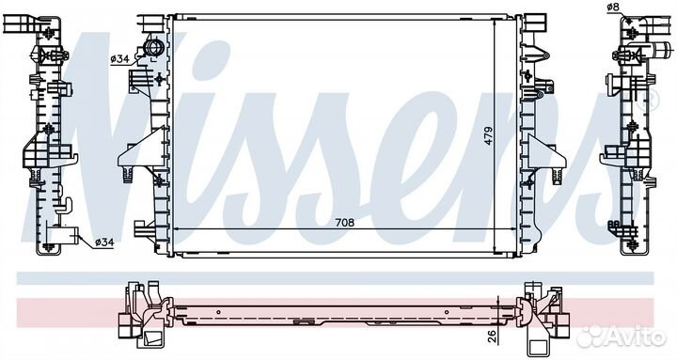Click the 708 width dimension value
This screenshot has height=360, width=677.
pyautogui.click(x=344, y=223)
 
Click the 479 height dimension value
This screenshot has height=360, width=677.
pyautogui.click(x=488, y=135)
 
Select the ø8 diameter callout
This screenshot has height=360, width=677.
pyautogui.click(x=613, y=7)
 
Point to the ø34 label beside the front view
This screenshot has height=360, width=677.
pyautogui.click(x=119, y=59)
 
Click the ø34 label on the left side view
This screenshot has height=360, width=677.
pyautogui.click(x=104, y=243)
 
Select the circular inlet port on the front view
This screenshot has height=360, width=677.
pyautogui.click(x=152, y=47)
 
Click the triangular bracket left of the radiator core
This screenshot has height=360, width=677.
pyautogui.click(x=143, y=149)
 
